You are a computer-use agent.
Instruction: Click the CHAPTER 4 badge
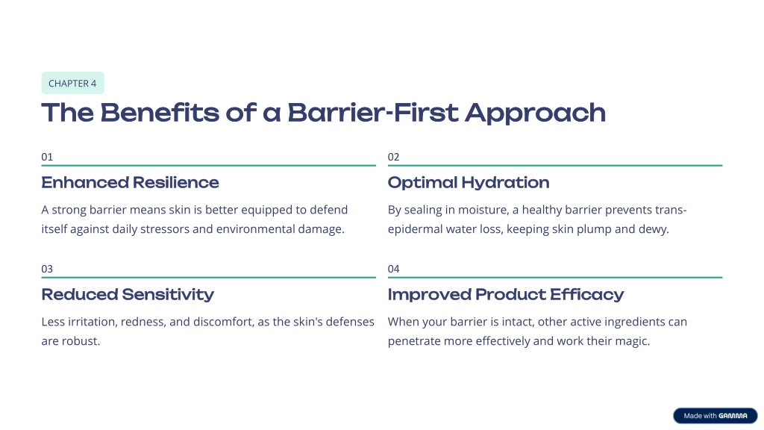[72, 83]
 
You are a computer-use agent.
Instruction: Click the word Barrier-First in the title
[373, 113]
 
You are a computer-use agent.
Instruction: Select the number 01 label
[47, 157]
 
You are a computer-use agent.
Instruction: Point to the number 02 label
[393, 157]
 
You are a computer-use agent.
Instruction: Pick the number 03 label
[47, 269]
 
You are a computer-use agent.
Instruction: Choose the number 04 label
[393, 269]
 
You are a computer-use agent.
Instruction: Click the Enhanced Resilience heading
[130, 182]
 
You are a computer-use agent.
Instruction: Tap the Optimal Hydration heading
[469, 183]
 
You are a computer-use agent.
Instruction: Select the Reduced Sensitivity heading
[128, 295]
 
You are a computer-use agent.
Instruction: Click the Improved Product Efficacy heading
[506, 295]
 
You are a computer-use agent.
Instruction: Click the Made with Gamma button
[716, 416]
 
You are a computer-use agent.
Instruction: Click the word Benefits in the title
[160, 113]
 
